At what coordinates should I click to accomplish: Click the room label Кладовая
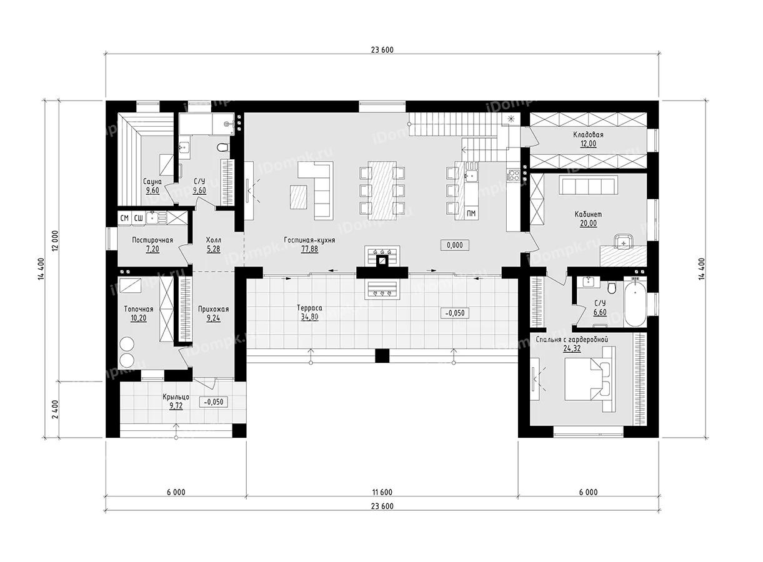[x=588, y=134]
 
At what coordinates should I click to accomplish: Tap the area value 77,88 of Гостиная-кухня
[x=309, y=248]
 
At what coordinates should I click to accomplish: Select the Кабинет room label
[x=588, y=214]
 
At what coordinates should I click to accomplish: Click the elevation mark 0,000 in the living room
[x=455, y=245]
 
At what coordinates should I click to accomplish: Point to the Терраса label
[x=309, y=308]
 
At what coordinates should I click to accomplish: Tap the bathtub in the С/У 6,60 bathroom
[x=636, y=303]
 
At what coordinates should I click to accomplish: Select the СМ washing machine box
[x=124, y=218]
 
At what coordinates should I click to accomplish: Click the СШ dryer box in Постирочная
[x=139, y=218]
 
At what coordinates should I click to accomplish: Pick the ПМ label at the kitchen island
[x=472, y=214]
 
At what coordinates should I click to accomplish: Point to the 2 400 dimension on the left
[x=55, y=410]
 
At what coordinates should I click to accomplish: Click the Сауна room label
[x=153, y=182]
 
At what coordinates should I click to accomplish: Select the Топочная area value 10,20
[x=139, y=317]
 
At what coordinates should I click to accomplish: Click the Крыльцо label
[x=176, y=397]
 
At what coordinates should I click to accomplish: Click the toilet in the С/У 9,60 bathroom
[x=222, y=148]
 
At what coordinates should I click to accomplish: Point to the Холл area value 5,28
[x=213, y=248]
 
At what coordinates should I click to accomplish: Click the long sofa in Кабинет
[x=587, y=185]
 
